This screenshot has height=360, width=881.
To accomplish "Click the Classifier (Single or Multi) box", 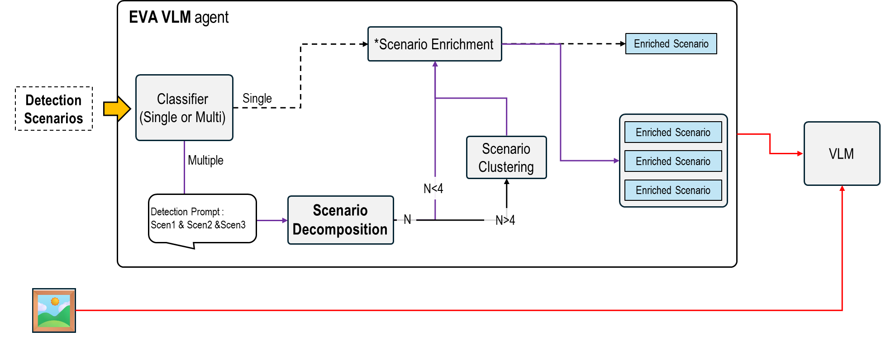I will [x=184, y=108].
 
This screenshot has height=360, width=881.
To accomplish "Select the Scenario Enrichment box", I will [x=434, y=44].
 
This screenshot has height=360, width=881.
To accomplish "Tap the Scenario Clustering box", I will [x=506, y=157].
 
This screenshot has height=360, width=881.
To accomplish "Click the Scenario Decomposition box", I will [x=340, y=220].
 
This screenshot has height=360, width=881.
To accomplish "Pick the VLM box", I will [x=841, y=154].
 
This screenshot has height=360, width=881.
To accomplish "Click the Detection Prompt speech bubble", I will [x=202, y=219].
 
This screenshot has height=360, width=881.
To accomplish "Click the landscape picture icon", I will [x=54, y=311].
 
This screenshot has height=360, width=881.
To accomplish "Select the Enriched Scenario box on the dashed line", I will [x=671, y=44].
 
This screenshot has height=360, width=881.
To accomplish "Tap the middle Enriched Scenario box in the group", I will [x=673, y=161].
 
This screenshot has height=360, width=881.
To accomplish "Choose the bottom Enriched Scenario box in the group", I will [x=673, y=190].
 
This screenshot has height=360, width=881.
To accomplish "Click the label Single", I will [x=257, y=98].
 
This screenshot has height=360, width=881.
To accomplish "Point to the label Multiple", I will [x=205, y=160].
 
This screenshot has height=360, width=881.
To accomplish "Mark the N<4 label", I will [x=433, y=188].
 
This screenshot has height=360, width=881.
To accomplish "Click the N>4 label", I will [x=505, y=220].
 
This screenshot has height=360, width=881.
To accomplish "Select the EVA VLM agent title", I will [x=179, y=17].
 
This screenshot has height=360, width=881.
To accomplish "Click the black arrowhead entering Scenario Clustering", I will [x=506, y=182].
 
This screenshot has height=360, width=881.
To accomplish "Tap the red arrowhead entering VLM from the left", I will [x=800, y=154].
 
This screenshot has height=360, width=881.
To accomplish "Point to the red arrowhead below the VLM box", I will [x=842, y=189].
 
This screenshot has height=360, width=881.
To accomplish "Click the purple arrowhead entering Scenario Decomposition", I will [x=285, y=220].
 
